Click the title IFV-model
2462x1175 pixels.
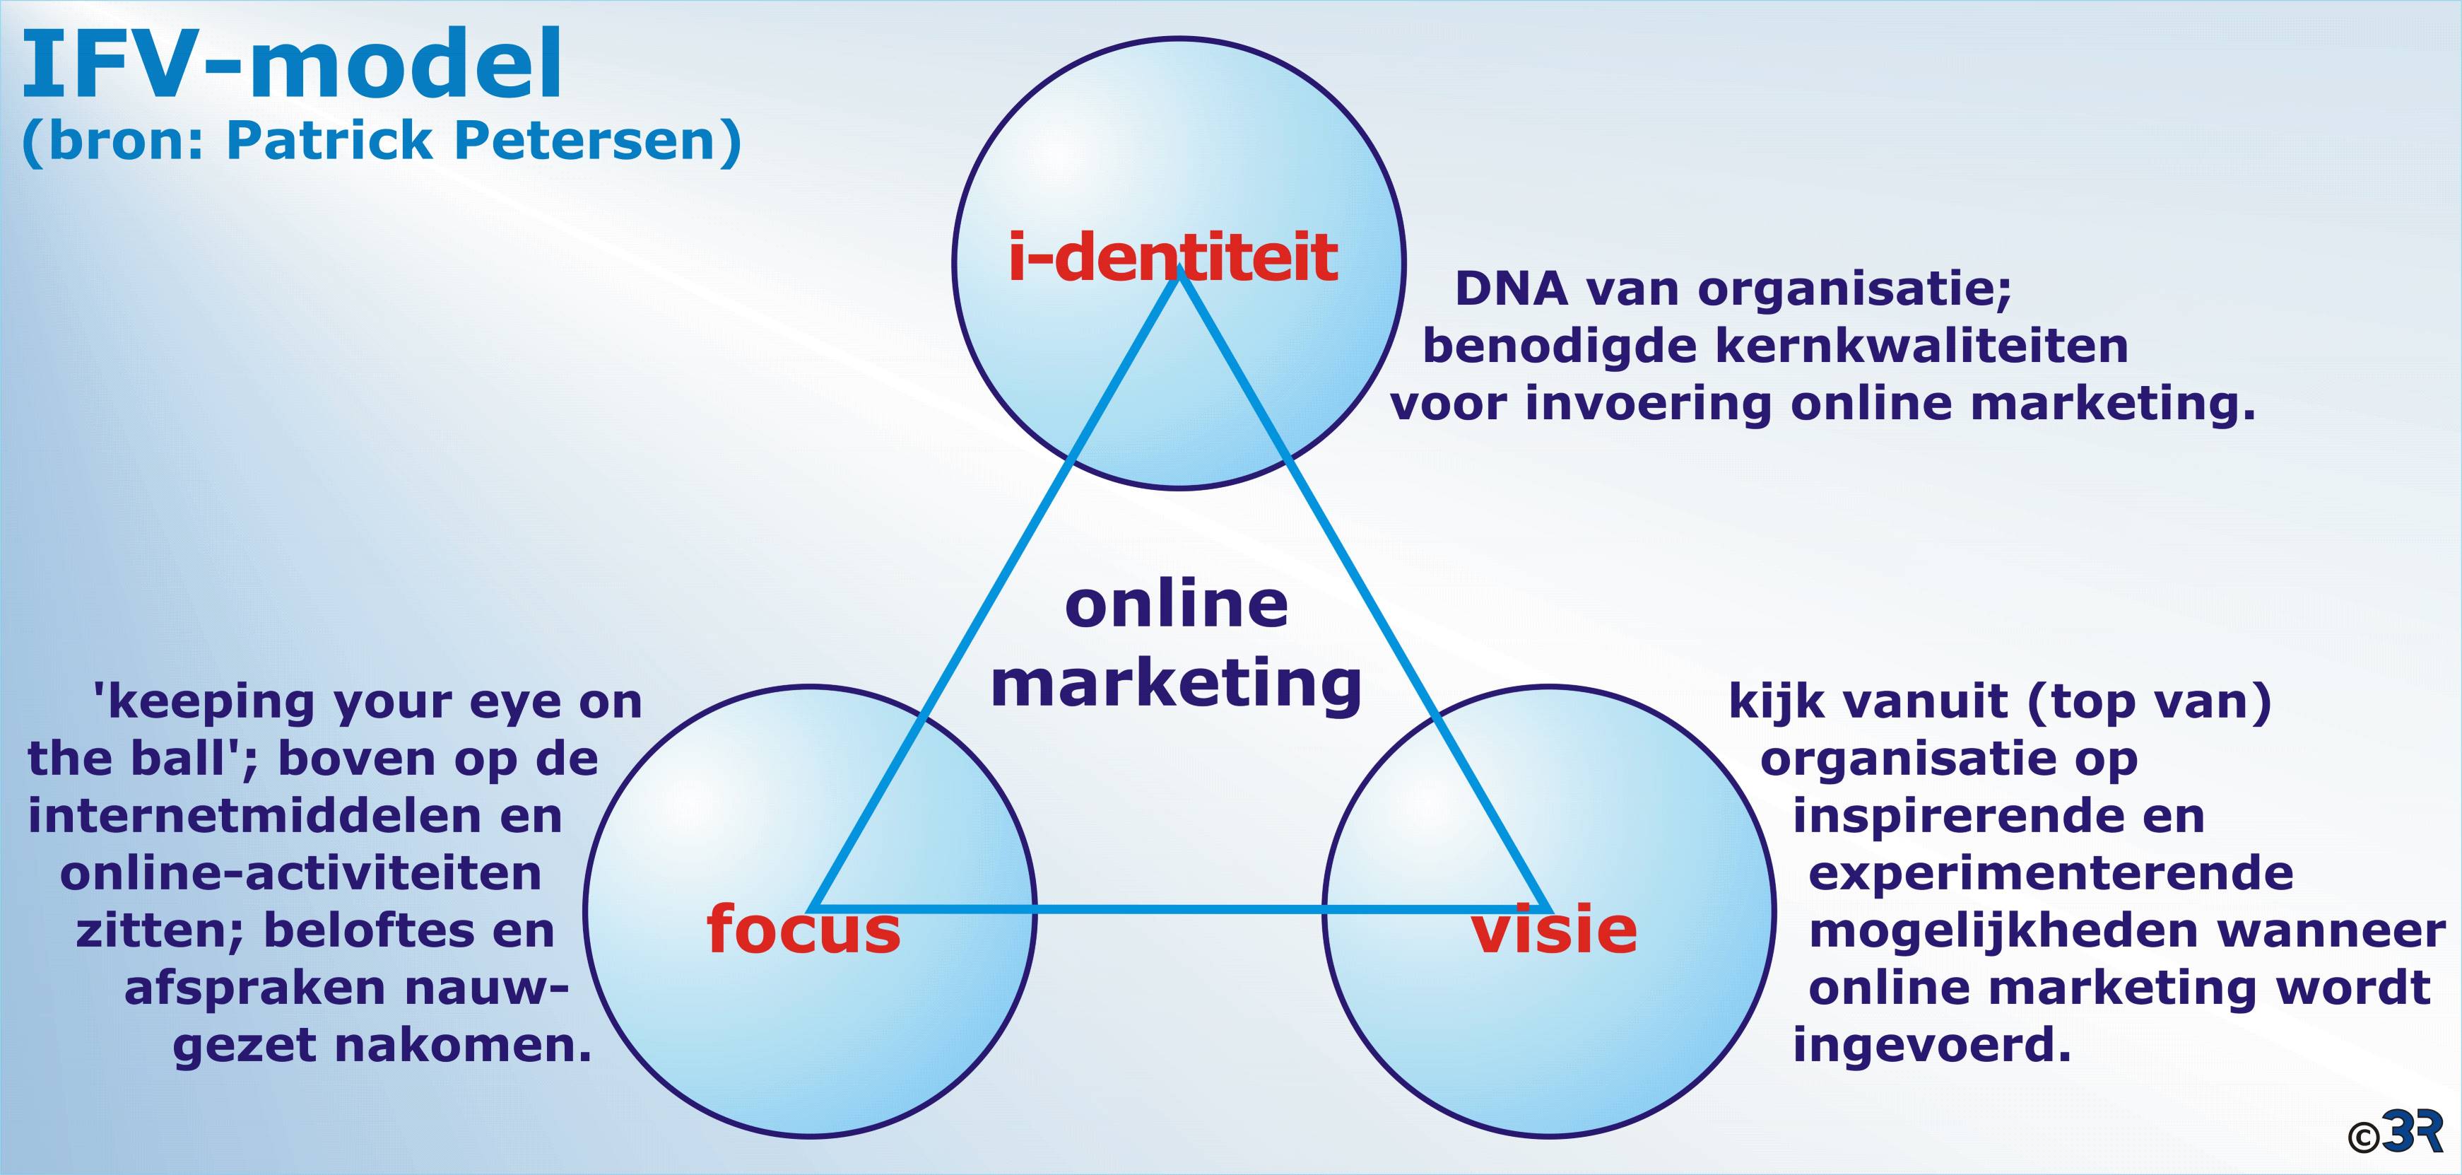pos(292,65)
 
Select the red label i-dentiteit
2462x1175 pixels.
pos(1172,257)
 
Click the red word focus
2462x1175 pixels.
pos(803,929)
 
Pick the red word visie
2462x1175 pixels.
pos(1553,929)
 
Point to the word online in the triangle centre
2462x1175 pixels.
pos(1177,604)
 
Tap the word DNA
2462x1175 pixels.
pos(1511,288)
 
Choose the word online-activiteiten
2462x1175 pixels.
pos(300,874)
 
